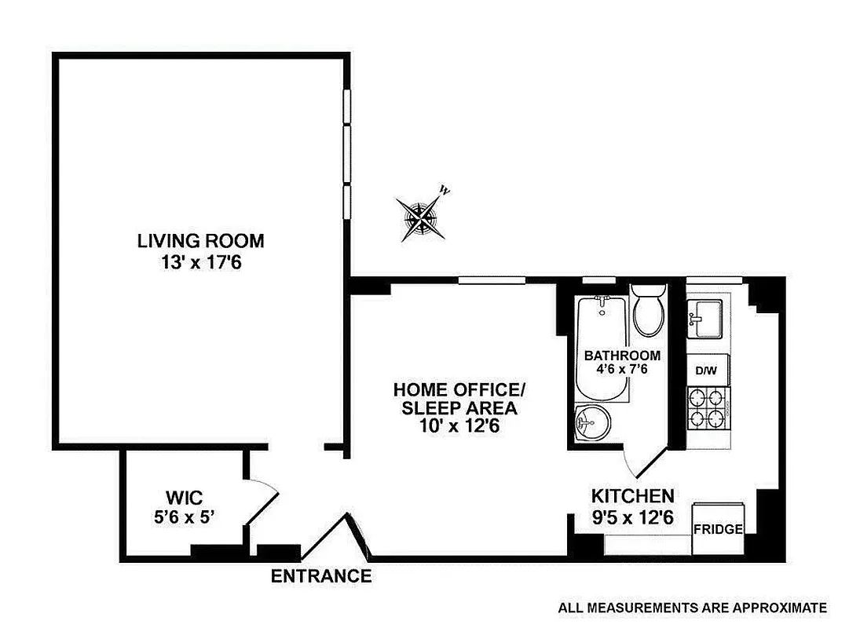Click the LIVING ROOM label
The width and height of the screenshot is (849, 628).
(200, 240)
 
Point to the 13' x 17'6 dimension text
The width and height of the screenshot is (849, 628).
(200, 261)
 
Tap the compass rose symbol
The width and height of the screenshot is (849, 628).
(421, 217)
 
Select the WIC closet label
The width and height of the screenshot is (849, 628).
(184, 497)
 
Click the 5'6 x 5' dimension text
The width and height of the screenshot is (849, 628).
(184, 517)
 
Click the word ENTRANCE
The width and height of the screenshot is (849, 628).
(321, 576)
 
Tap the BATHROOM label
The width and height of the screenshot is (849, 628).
(622, 355)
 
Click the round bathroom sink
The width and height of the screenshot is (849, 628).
(591, 425)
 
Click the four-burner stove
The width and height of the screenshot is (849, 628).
(708, 408)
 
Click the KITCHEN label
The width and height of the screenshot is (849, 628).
(632, 496)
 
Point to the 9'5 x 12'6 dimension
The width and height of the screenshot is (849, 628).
(632, 517)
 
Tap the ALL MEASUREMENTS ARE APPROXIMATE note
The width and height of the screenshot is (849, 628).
(692, 608)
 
